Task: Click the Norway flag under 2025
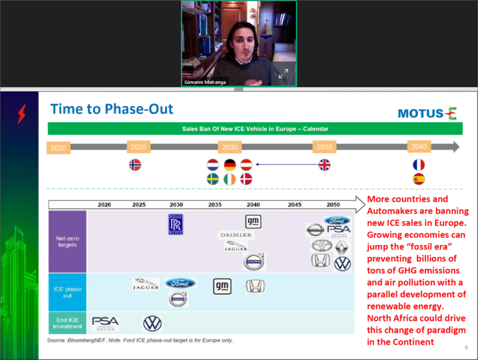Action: click(135, 165)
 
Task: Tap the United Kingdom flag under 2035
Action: click(324, 165)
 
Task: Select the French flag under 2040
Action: click(419, 165)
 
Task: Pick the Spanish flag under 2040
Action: click(419, 179)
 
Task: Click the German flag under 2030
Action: click(230, 165)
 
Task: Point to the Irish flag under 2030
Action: click(230, 179)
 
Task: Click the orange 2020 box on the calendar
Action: click(58, 148)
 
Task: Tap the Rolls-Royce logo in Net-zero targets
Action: click(176, 224)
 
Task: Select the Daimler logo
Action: click(236, 235)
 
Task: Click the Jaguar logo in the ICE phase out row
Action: click(146, 284)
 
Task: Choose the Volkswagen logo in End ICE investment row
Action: click(152, 323)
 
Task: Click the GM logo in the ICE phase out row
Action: click(222, 286)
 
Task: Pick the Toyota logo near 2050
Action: click(321, 245)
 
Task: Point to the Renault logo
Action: click(342, 247)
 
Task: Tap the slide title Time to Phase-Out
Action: click(112, 109)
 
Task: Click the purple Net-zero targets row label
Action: click(68, 241)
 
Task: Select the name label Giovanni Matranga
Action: click(205, 83)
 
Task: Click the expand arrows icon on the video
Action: click(283, 74)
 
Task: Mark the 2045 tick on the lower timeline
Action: click(295, 205)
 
